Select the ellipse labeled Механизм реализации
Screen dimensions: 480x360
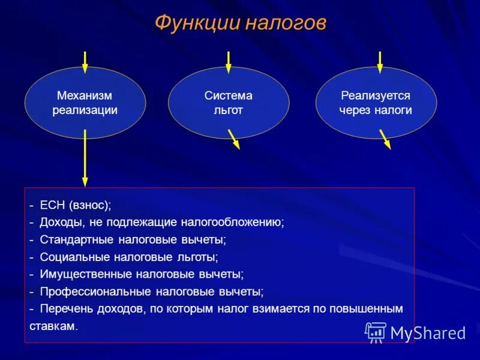(85, 103)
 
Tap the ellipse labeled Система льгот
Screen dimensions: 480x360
(229, 103)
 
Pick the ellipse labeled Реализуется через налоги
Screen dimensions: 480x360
(376, 103)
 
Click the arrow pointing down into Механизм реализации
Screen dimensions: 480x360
(85, 62)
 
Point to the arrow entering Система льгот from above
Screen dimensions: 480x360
(229, 62)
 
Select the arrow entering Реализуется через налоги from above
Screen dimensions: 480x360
(380, 62)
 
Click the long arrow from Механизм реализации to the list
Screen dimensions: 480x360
(85, 158)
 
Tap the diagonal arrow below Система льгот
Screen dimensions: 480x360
(234, 139)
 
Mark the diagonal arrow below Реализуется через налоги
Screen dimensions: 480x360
(385, 139)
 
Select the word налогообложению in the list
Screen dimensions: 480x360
(233, 223)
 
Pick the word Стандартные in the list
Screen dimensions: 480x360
(77, 239)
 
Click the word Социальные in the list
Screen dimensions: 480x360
(74, 257)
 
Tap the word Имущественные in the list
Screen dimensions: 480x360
(85, 274)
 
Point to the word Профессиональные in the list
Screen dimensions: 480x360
(95, 292)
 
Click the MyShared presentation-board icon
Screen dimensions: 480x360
(376, 332)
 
